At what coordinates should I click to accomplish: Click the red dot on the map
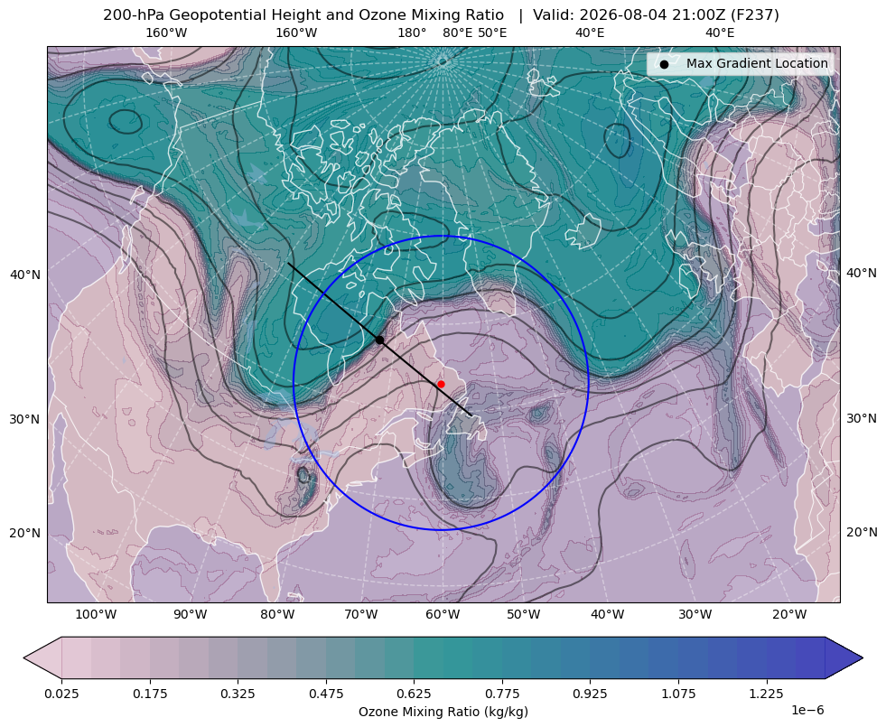click(x=441, y=384)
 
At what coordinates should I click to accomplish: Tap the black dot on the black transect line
click(x=379, y=340)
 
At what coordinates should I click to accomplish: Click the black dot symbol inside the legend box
click(x=664, y=64)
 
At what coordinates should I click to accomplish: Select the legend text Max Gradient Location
click(x=757, y=63)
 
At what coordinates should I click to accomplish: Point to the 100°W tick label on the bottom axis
click(x=96, y=615)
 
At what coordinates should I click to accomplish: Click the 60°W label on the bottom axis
click(x=443, y=615)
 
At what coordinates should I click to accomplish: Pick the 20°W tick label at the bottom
click(x=789, y=615)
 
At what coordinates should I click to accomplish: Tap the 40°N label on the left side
click(x=25, y=275)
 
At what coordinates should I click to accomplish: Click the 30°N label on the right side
click(x=862, y=418)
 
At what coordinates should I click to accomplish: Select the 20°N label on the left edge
click(x=25, y=533)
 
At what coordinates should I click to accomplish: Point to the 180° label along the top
click(x=412, y=33)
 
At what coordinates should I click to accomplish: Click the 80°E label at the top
click(x=457, y=33)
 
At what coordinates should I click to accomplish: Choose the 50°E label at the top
click(x=492, y=33)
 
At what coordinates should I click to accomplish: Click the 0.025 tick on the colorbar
click(x=61, y=694)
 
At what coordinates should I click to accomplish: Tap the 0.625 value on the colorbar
click(x=415, y=694)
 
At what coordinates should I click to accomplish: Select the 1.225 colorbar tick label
click(x=767, y=694)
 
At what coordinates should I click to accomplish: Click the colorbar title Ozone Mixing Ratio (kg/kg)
click(x=443, y=711)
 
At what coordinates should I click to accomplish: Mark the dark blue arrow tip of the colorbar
click(x=863, y=657)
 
